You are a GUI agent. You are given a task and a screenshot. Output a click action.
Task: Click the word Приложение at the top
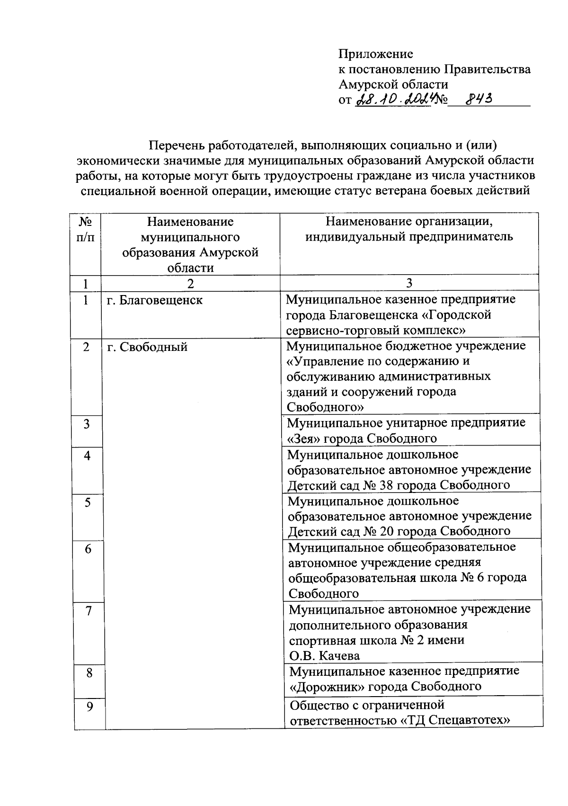pyautogui.click(x=376, y=54)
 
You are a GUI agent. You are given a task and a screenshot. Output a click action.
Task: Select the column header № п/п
pyautogui.click(x=85, y=229)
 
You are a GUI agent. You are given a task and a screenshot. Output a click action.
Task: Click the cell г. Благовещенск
pyautogui.click(x=155, y=300)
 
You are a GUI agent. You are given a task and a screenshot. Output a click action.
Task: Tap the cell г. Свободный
pyautogui.click(x=147, y=347)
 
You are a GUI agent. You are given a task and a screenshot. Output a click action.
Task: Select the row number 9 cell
pyautogui.click(x=89, y=706)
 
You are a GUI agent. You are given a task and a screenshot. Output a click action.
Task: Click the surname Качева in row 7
pyautogui.click(x=339, y=656)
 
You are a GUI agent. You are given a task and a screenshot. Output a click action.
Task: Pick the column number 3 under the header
pyautogui.click(x=409, y=283)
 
